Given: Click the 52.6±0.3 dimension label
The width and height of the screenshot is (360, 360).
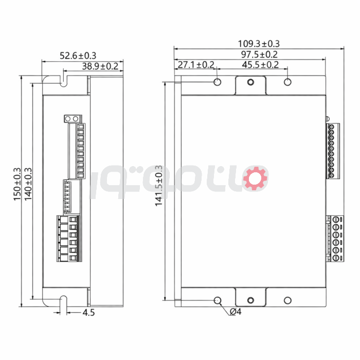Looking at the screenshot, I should click(78, 56).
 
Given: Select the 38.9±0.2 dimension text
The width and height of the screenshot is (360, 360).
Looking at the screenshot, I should click(100, 66).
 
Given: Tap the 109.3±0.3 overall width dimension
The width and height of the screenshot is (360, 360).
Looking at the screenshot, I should click(259, 44).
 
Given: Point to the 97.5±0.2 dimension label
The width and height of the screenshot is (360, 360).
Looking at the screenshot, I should click(259, 54).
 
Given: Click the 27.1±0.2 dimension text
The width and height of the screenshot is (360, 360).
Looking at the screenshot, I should click(196, 65).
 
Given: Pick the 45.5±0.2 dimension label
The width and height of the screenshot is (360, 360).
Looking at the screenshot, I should click(260, 65).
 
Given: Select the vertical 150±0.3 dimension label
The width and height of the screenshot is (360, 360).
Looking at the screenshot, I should click(17, 184).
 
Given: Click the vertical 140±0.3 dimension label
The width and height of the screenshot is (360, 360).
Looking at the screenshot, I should click(28, 184).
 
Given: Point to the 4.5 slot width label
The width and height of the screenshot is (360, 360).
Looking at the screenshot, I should click(88, 312).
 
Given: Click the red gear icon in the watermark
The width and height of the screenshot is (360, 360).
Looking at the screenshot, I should click(256, 178).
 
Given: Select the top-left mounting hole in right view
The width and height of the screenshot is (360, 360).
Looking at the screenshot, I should click(217, 82).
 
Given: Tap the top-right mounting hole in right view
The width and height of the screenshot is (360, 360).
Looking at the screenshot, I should click(287, 82).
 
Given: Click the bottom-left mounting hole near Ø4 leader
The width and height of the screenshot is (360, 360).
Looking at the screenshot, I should click(217, 300).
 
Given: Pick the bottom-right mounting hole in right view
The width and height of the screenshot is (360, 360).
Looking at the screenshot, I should click(287, 300).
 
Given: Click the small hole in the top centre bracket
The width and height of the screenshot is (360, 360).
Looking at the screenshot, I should click(250, 82).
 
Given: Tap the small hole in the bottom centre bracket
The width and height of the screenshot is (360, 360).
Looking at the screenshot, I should click(250, 301).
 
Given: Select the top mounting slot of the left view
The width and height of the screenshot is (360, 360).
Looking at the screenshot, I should click(64, 79).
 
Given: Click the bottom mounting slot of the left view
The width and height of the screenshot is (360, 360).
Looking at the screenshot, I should click(64, 301).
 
